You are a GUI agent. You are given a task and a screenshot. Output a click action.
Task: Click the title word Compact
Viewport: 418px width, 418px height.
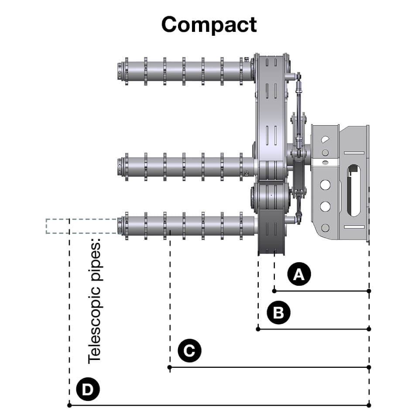[x=209, y=24]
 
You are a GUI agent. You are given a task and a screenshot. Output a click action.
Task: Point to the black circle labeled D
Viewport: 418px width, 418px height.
[x=88, y=389]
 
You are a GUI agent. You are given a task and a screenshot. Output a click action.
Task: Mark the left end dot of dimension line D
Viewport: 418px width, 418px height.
[x=69, y=405]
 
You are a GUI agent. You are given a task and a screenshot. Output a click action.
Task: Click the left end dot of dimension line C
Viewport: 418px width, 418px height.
[x=170, y=367]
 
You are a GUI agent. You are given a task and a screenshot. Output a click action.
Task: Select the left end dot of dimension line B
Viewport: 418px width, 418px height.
[x=258, y=329]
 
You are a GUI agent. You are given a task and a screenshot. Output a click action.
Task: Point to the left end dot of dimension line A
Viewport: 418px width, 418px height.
[x=274, y=291]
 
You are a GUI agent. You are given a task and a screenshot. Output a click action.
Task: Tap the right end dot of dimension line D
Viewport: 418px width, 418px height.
[x=369, y=405]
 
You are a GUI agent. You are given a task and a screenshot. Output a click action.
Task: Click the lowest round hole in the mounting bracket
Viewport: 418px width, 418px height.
[x=325, y=228]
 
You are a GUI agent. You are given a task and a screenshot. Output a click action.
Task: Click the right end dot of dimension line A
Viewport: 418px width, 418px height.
[x=369, y=291]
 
